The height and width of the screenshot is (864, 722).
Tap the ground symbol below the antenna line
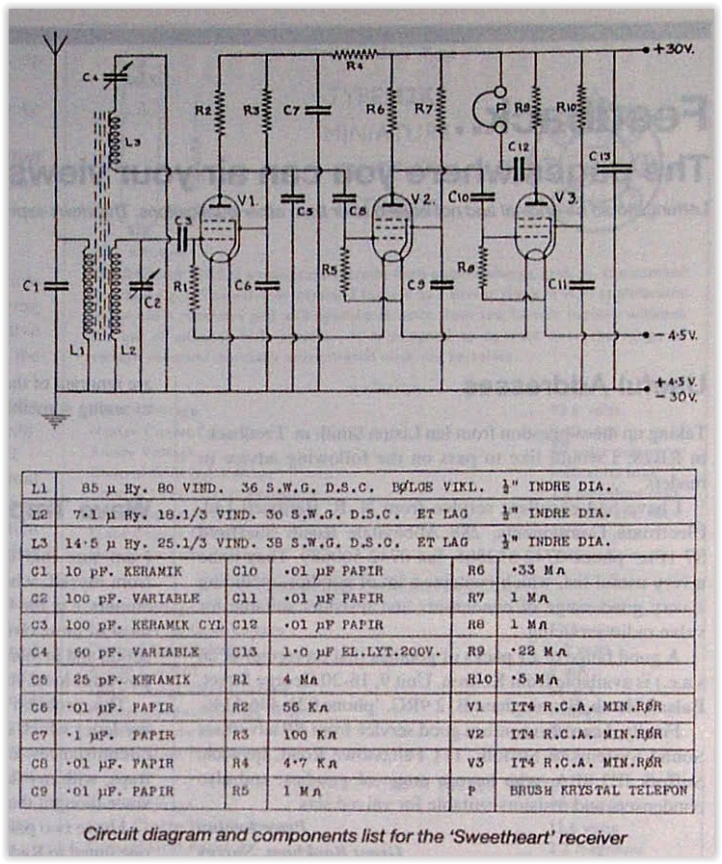point(57,419)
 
